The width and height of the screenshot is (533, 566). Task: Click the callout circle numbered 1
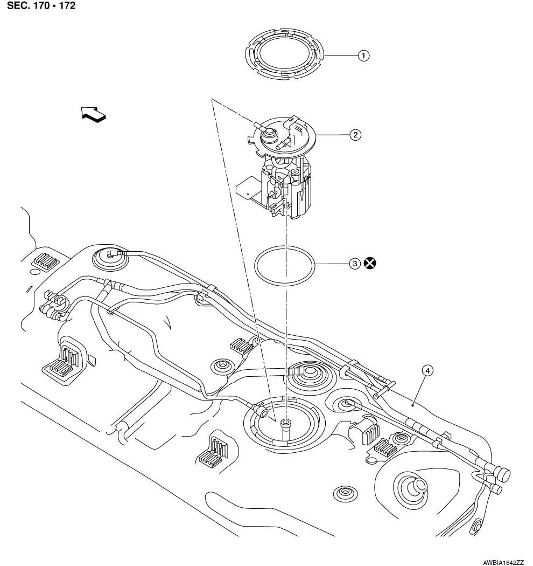click(364, 56)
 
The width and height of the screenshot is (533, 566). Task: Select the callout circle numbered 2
click(355, 135)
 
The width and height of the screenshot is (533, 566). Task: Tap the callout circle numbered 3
click(354, 264)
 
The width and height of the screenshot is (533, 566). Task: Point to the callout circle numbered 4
click(426, 371)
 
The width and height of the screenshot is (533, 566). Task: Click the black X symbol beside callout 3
click(370, 264)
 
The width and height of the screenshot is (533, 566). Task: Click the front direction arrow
click(94, 114)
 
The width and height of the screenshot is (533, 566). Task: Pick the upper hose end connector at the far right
click(503, 474)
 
